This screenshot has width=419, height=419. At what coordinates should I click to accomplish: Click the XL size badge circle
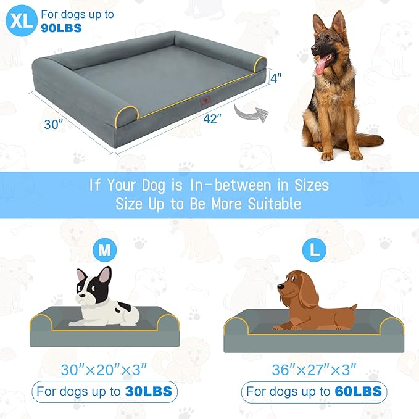point(22,20)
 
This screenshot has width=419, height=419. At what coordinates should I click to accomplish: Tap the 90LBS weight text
point(61,28)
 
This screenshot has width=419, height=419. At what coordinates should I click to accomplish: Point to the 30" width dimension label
point(54,124)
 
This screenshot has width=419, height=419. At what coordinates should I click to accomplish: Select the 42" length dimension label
point(212,118)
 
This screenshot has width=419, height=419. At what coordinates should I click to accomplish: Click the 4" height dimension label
point(276,78)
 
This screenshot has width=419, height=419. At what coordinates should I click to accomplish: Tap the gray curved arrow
point(251,112)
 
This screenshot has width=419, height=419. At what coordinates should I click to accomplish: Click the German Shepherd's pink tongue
point(320,66)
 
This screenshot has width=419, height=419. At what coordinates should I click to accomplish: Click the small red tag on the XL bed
point(205,101)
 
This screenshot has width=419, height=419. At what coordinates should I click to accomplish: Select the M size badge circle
point(104,250)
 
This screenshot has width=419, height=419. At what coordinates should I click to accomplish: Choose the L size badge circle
point(314,250)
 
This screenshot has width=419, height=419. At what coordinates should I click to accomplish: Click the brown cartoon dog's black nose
point(280,287)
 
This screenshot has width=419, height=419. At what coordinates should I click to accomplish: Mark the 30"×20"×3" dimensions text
point(104,370)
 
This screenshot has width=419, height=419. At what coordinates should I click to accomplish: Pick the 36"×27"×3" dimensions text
point(314,370)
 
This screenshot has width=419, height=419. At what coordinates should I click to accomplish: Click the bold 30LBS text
point(149,391)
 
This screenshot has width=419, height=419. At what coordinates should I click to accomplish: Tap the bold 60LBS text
point(359,391)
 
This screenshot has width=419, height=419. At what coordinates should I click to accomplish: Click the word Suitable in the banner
point(275,204)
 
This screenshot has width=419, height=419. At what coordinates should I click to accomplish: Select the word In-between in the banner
point(230,185)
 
